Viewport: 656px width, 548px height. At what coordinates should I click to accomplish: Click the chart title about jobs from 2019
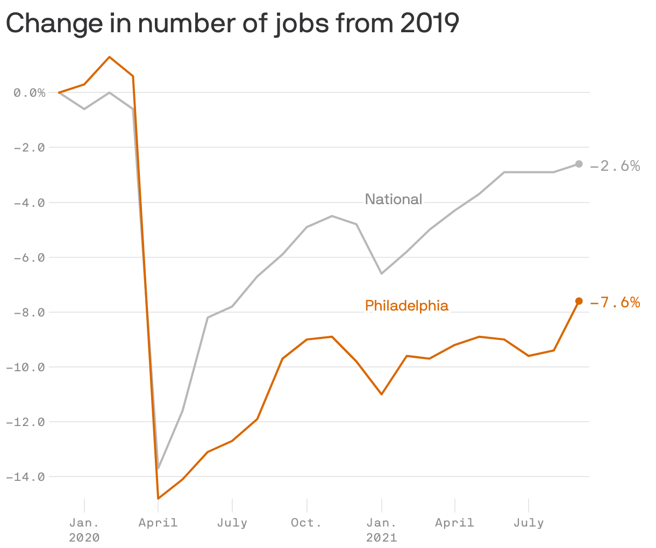click(232, 24)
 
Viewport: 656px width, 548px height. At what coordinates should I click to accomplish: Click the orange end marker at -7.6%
click(579, 301)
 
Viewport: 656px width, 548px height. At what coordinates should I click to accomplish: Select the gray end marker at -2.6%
click(579, 164)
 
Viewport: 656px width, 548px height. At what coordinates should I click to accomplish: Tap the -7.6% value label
click(615, 303)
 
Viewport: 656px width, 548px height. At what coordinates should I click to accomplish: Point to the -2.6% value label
click(615, 166)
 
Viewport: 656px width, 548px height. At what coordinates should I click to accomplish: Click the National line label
click(393, 199)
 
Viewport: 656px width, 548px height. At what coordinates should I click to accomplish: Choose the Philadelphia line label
click(407, 306)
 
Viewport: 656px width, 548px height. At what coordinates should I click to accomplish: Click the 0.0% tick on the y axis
click(30, 93)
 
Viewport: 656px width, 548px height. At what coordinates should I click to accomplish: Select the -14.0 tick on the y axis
click(25, 477)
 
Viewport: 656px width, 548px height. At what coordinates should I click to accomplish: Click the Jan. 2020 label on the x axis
click(84, 529)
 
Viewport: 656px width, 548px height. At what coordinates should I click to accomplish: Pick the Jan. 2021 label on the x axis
click(381, 529)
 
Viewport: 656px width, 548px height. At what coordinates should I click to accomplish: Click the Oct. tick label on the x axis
click(306, 523)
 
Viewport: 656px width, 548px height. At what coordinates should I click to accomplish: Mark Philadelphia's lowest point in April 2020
click(158, 499)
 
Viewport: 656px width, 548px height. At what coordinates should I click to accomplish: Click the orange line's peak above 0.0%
click(110, 57)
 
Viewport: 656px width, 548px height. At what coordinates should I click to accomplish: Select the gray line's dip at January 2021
click(381, 273)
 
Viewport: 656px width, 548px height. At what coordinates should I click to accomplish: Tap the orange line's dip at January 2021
click(381, 394)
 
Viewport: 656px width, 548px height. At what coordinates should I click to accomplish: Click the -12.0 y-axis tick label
click(25, 422)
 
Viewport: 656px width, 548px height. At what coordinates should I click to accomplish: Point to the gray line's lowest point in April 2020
click(158, 468)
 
